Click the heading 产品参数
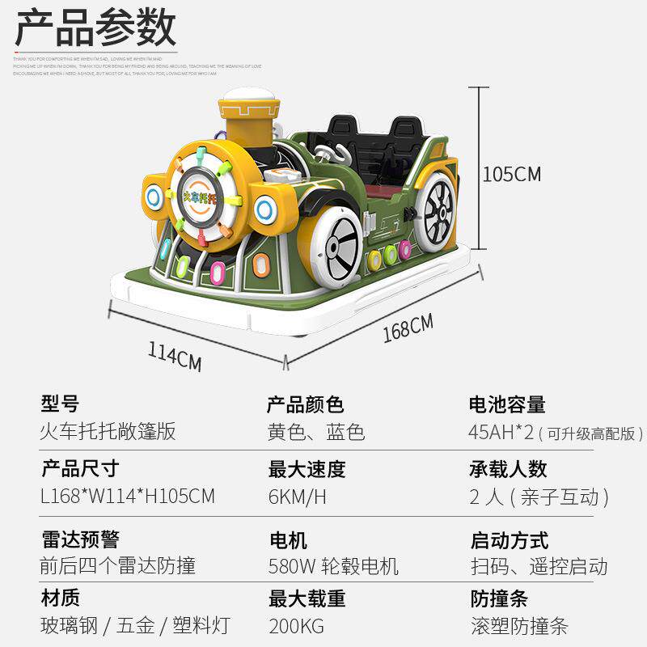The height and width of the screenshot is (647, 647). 95,29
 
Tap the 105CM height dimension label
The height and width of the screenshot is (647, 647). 511,174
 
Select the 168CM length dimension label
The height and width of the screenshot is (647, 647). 408,328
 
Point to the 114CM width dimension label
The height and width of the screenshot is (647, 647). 174,356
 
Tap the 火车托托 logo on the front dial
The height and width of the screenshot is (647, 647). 198,197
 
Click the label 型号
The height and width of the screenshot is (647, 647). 61,404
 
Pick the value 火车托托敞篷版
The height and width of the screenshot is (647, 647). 108,431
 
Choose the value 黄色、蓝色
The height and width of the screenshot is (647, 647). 316,431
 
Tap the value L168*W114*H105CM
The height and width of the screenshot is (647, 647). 128,496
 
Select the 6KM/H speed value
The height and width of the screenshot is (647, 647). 297,497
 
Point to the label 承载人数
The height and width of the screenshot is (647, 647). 508,469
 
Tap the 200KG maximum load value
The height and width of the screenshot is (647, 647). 296,626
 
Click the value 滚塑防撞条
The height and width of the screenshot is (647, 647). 519,626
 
